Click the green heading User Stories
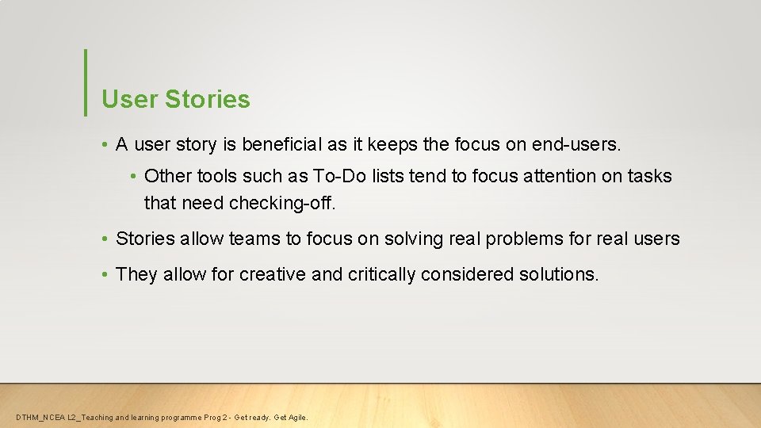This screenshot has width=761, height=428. pyautogui.click(x=175, y=100)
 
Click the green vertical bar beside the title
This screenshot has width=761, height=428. pyautogui.click(x=85, y=82)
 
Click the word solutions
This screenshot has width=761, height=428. pyautogui.click(x=558, y=275)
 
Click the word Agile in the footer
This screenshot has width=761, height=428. pyautogui.click(x=296, y=418)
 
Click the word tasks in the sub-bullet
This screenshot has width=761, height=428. pyautogui.click(x=651, y=176)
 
